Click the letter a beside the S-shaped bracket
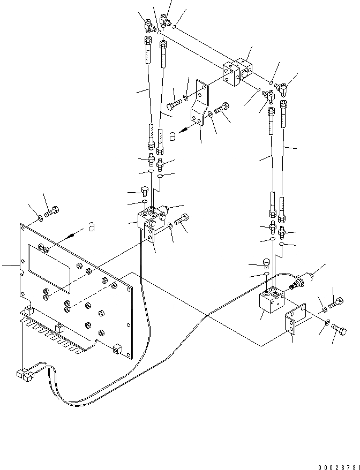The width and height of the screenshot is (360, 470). tap(172, 137)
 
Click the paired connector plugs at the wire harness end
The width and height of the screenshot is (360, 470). tap(25, 374)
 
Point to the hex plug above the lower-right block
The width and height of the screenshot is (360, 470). tap(265, 263)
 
